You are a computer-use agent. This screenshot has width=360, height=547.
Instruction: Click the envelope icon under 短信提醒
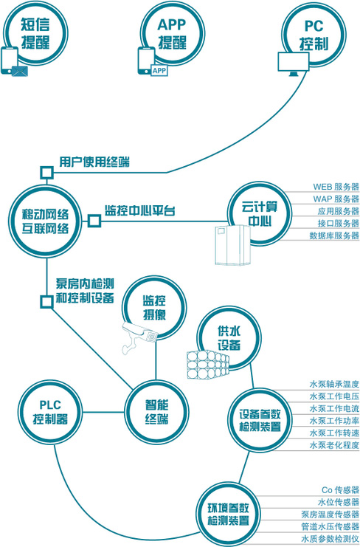[x=20, y=71]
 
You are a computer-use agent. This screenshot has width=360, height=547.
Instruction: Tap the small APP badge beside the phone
[x=159, y=71]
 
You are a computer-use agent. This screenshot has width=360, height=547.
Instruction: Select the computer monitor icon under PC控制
[x=293, y=63]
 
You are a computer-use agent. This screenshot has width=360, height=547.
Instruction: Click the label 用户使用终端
[x=94, y=162]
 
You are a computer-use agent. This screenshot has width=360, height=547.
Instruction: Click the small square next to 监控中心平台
[x=94, y=221]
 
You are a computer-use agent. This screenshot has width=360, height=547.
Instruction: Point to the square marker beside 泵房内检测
[x=46, y=302]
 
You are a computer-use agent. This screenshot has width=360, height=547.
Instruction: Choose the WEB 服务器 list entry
[x=336, y=186]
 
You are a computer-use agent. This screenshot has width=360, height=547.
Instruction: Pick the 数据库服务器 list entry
[x=335, y=235]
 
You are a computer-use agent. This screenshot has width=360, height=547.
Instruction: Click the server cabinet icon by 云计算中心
[x=232, y=244]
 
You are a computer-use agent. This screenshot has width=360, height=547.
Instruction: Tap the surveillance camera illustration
[x=139, y=336]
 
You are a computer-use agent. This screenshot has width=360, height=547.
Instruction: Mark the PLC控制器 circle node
[x=50, y=412]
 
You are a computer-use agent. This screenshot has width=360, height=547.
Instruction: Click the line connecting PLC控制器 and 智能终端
[x=103, y=413]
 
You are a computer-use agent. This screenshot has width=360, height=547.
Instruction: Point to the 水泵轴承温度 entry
[x=334, y=385]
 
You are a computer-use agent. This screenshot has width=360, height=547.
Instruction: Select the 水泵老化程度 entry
[x=334, y=445]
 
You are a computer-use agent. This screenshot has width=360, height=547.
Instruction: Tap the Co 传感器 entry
[x=341, y=489]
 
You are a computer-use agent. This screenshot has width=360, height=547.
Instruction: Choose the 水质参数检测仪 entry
[x=330, y=538]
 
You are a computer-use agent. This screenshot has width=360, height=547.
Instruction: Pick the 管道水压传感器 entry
[x=330, y=526]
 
